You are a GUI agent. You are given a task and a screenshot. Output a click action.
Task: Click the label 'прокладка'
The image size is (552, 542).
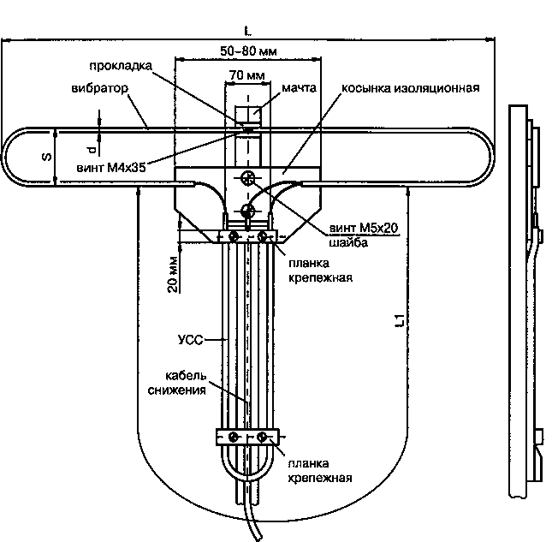121,66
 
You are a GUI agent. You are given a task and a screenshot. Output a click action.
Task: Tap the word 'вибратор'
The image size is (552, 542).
99,88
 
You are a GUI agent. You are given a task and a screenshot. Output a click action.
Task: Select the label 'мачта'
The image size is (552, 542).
299,87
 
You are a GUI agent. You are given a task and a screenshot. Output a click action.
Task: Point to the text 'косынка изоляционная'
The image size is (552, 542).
411,88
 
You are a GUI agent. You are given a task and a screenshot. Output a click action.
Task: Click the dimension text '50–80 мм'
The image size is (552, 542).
248,51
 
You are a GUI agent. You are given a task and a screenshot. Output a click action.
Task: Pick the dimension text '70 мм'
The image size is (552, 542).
247,75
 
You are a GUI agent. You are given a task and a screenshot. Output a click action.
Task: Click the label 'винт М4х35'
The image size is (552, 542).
111,168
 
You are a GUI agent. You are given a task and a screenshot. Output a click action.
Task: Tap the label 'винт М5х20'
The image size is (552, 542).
364,228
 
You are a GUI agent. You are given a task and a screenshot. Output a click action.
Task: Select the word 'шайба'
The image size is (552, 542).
348,242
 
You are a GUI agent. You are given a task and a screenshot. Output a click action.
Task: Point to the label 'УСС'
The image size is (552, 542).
191,340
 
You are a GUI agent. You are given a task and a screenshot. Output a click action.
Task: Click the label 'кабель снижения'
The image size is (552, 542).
177,384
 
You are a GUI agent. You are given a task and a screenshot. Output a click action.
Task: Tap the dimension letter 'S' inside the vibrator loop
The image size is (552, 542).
46,157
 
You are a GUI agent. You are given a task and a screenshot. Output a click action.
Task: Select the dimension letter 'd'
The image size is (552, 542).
92,151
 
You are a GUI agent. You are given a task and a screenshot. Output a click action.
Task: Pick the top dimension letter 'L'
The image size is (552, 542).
248,32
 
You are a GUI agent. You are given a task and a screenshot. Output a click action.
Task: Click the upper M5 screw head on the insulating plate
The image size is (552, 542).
248,177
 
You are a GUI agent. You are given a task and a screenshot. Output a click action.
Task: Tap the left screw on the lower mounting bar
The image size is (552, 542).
233,438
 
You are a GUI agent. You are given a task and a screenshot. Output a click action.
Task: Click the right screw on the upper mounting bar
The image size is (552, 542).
262,236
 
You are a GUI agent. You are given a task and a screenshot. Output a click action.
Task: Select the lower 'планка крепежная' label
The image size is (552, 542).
320,471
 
